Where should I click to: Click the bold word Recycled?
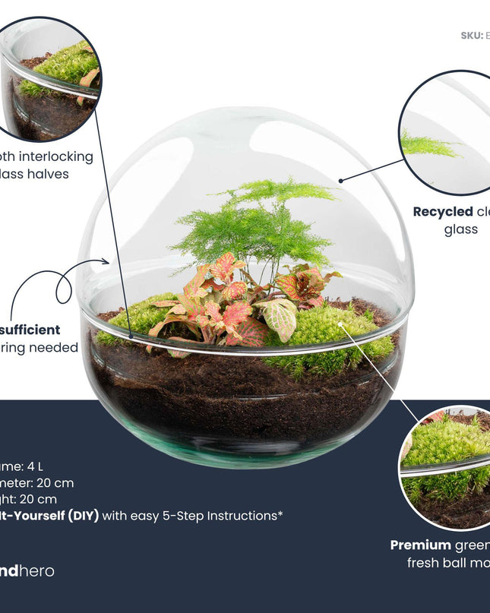coord(442,211)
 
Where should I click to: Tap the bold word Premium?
coord(420,545)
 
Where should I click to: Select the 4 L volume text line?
coord(22,466)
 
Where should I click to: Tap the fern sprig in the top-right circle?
coord(429,144)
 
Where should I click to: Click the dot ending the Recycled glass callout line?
coord(342,181)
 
